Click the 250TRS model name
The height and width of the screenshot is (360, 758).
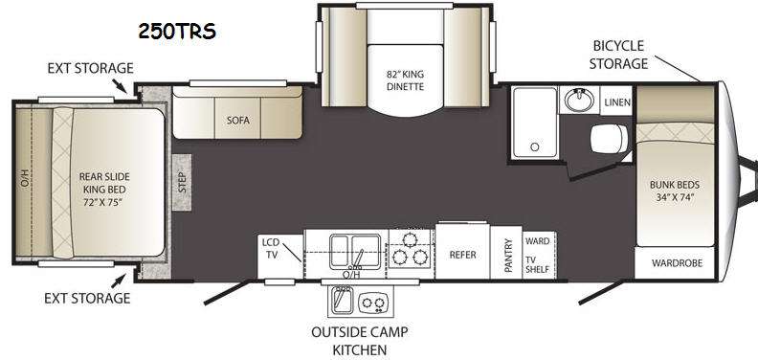(177, 32)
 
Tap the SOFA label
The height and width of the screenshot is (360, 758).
(238, 121)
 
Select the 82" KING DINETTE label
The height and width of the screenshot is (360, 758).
(405, 80)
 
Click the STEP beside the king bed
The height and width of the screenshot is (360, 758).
(182, 182)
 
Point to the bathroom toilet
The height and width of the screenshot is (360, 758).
(609, 139)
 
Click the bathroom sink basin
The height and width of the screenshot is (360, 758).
(578, 101)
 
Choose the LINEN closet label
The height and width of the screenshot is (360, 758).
(617, 102)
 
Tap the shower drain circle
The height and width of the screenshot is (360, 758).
(534, 146)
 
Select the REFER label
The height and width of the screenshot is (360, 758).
(462, 255)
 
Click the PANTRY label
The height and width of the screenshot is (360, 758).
(508, 255)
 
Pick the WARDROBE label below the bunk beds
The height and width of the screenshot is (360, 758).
(677, 263)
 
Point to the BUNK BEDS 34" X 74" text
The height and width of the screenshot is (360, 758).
(675, 191)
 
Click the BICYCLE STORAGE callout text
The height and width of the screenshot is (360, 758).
(619, 55)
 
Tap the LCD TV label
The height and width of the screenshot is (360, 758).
(271, 248)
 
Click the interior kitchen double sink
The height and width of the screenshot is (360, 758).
(355, 251)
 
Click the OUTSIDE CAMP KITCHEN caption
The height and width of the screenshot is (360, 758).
(359, 341)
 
